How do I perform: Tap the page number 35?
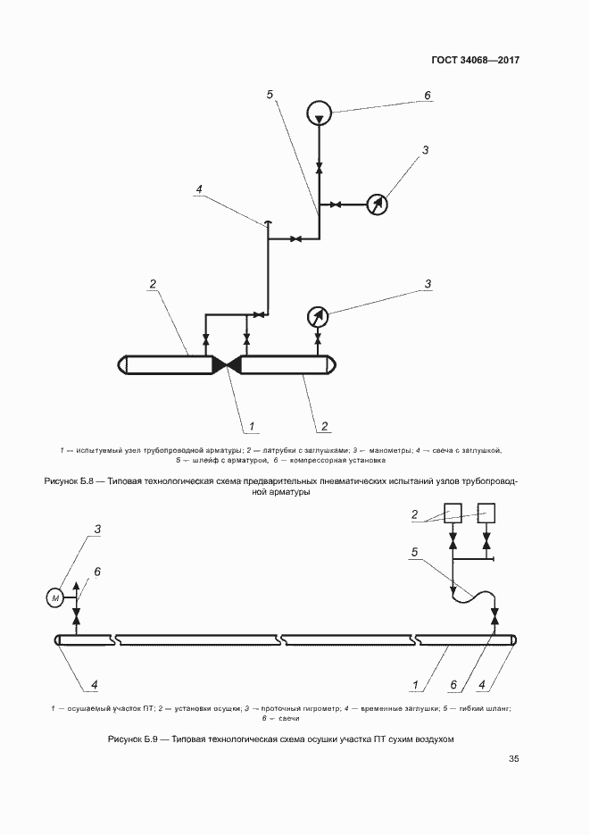(513, 759)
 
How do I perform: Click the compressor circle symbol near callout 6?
(319, 113)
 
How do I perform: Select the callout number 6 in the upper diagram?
(427, 96)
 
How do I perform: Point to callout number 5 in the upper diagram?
(270, 94)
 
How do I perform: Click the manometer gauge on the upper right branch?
(378, 205)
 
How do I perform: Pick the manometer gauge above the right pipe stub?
(318, 316)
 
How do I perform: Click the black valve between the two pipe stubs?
(227, 364)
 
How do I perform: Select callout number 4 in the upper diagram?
(199, 189)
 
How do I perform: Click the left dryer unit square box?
(453, 513)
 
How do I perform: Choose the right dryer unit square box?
(486, 513)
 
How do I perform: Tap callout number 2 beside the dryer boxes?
(415, 514)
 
